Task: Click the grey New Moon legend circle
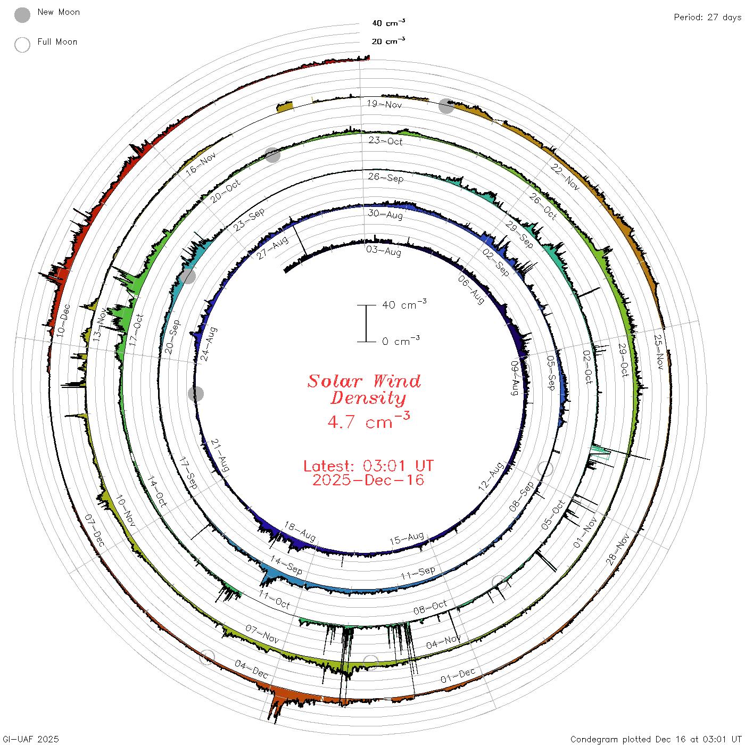[22, 15]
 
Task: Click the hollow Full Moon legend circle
[22, 45]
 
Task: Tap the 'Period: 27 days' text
[707, 18]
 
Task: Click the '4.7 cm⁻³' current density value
[368, 420]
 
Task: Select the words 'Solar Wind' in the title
[364, 381]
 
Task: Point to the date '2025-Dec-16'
[368, 480]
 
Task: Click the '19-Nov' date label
[384, 104]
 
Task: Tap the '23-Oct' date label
[385, 140]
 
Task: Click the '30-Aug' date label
[385, 214]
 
